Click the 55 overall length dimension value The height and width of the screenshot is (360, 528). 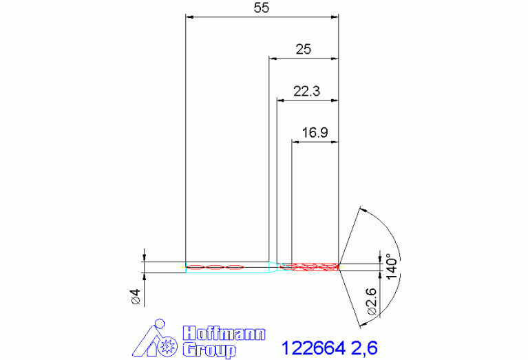coord(262,8)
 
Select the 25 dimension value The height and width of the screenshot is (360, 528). coord(303,50)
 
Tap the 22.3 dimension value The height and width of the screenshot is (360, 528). coord(306,92)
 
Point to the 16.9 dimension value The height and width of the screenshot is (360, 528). coord(315,133)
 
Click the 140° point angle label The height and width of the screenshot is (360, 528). coord(392,266)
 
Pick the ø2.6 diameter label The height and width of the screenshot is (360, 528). coord(372,301)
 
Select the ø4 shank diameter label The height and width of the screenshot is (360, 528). coord(136,297)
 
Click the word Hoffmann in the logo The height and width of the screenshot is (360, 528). coord(224,333)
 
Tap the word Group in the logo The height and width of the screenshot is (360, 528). coord(209,350)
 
